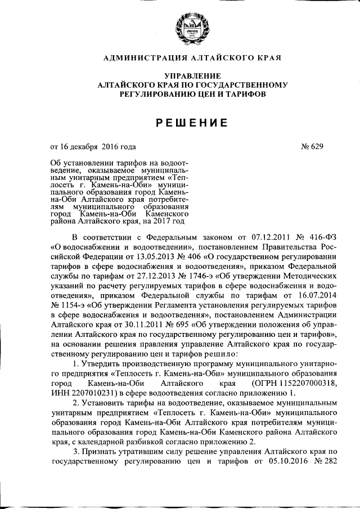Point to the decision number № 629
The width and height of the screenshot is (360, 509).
point(312,148)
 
